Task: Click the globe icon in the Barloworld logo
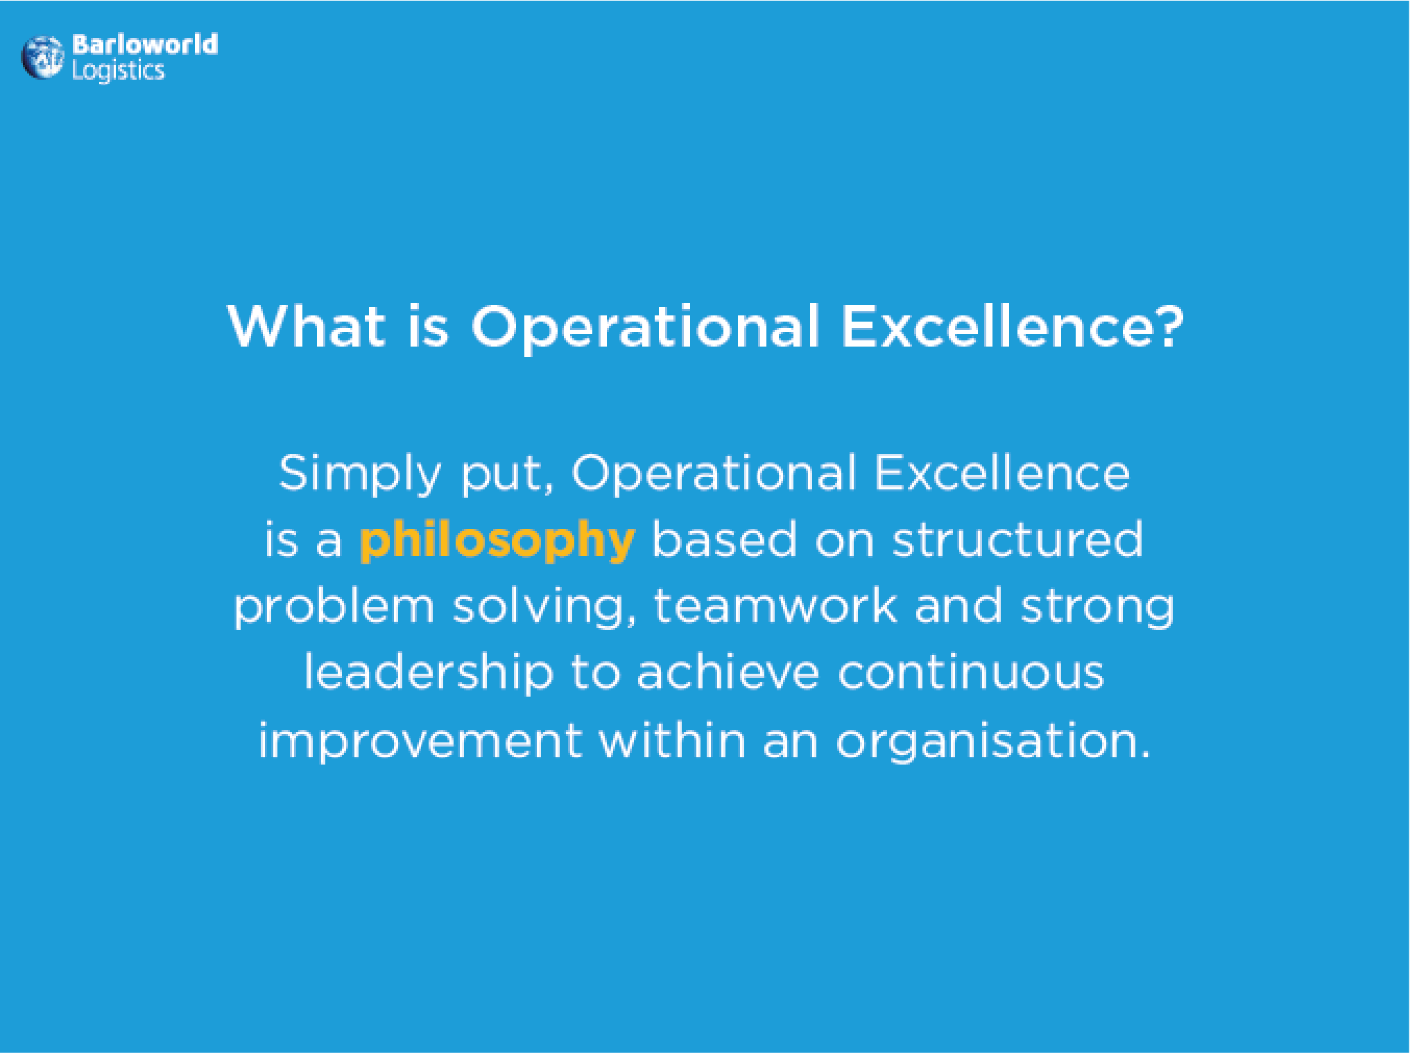42,58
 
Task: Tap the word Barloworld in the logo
145,44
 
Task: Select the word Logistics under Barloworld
118,71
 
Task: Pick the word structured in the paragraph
1017,539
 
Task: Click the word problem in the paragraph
334,607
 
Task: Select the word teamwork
775,605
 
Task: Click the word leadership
429,674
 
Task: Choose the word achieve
728,672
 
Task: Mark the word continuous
971,673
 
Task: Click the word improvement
420,742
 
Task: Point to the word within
673,739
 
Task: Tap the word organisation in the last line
985,742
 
